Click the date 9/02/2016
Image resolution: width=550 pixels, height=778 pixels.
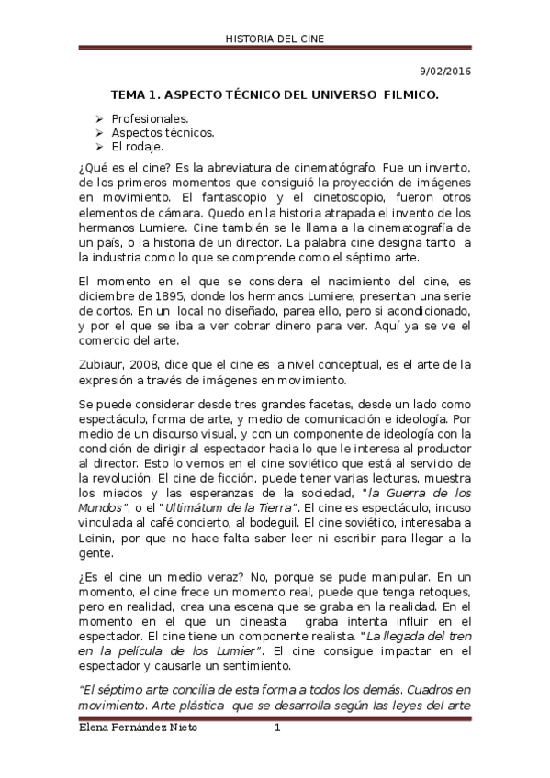[446, 72]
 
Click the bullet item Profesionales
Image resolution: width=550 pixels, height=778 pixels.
[151, 119]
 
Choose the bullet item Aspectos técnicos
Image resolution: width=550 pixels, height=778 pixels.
[163, 133]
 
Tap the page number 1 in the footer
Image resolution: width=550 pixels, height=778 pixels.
[277, 728]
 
